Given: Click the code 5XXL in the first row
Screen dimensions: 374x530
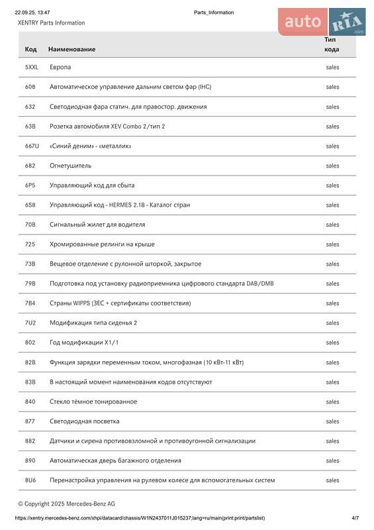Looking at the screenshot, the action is [32, 68].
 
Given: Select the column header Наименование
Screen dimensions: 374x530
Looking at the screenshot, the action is [71, 49].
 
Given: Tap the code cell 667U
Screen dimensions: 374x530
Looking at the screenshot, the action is [32, 146].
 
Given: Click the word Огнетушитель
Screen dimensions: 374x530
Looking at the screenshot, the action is [70, 166].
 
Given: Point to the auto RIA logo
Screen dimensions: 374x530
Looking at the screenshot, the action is [322, 22].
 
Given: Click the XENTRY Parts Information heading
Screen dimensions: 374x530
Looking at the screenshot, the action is [51, 23].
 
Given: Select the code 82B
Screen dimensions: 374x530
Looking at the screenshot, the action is [30, 362].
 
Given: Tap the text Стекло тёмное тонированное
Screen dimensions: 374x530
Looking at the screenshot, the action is [93, 401].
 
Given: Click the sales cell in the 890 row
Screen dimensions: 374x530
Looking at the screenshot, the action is [332, 460].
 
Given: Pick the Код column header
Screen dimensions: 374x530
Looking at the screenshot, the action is [30, 49].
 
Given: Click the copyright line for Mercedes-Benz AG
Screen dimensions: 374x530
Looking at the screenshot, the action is [66, 503].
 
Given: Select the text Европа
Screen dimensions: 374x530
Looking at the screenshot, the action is [60, 68].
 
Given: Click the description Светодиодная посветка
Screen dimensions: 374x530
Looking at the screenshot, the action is [85, 421].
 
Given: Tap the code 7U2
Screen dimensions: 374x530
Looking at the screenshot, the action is [30, 323].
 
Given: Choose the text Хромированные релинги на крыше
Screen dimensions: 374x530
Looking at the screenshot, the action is [102, 244].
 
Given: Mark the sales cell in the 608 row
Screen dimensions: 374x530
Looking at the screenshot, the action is [332, 87].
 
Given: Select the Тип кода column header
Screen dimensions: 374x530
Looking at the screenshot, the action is [332, 44].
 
